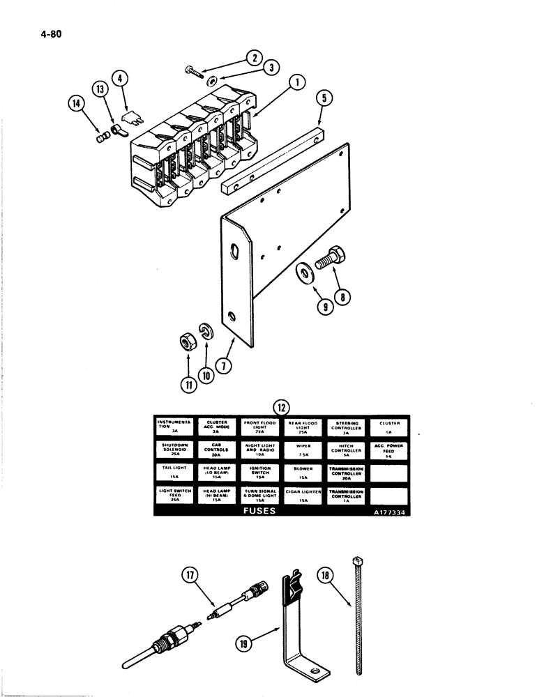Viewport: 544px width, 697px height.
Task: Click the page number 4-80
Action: pos(43,32)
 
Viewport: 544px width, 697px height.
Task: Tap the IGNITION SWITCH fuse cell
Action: pos(260,473)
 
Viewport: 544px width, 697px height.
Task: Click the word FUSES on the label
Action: pos(259,511)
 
